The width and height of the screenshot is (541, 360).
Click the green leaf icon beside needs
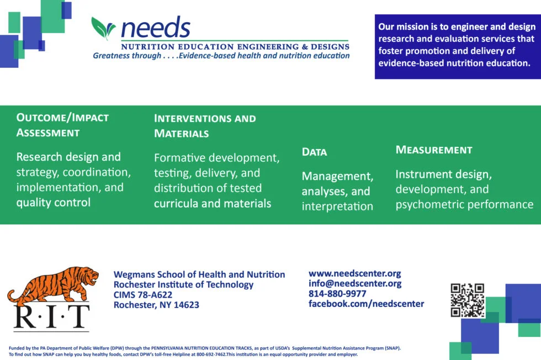pyautogui.click(x=103, y=28)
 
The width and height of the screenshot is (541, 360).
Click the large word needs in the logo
pyautogui.click(x=156, y=27)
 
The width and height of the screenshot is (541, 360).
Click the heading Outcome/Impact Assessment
pyautogui.click(x=62, y=125)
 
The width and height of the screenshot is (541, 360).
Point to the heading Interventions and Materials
pyautogui.click(x=205, y=126)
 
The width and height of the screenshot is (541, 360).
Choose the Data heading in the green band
pyautogui.click(x=314, y=152)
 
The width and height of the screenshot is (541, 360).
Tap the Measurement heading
pyautogui.click(x=434, y=150)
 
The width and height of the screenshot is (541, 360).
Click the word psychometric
pyautogui.click(x=427, y=204)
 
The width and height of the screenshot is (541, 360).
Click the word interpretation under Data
pyautogui.click(x=337, y=207)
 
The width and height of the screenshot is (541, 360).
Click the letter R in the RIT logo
pyautogui.click(x=25, y=316)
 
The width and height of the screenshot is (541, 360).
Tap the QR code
pyautogui.click(x=468, y=300)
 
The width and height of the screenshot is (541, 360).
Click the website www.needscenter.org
pyautogui.click(x=354, y=273)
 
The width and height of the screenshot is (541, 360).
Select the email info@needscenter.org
pyautogui.click(x=355, y=283)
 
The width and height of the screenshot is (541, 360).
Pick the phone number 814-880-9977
pyautogui.click(x=337, y=294)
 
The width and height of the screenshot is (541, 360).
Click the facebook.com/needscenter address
pyautogui.click(x=366, y=304)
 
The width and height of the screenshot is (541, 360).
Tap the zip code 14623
pyautogui.click(x=187, y=305)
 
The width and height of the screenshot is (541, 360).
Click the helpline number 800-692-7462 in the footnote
pyautogui.click(x=211, y=354)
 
